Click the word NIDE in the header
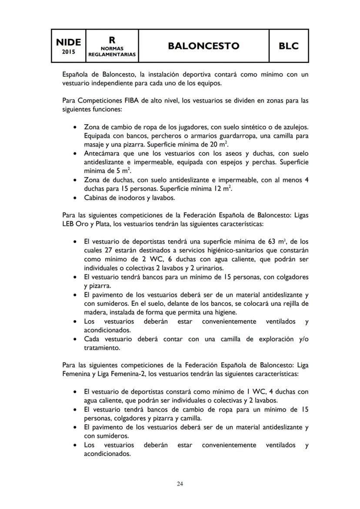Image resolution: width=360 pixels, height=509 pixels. coord(69,42)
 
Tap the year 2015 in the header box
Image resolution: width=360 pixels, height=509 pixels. coord(69,52)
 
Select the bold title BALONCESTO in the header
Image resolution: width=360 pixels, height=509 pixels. coord(203,46)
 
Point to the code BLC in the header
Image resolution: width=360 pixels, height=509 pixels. coord(289,46)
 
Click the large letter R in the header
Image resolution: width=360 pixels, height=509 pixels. coord(112,40)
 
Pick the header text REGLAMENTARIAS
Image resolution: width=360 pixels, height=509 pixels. coord(112,55)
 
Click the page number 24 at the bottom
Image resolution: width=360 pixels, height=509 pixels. coord(180,484)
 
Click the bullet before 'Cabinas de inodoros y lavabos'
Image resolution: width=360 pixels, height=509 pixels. coord(76,198)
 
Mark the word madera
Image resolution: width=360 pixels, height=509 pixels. coord(95,312)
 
